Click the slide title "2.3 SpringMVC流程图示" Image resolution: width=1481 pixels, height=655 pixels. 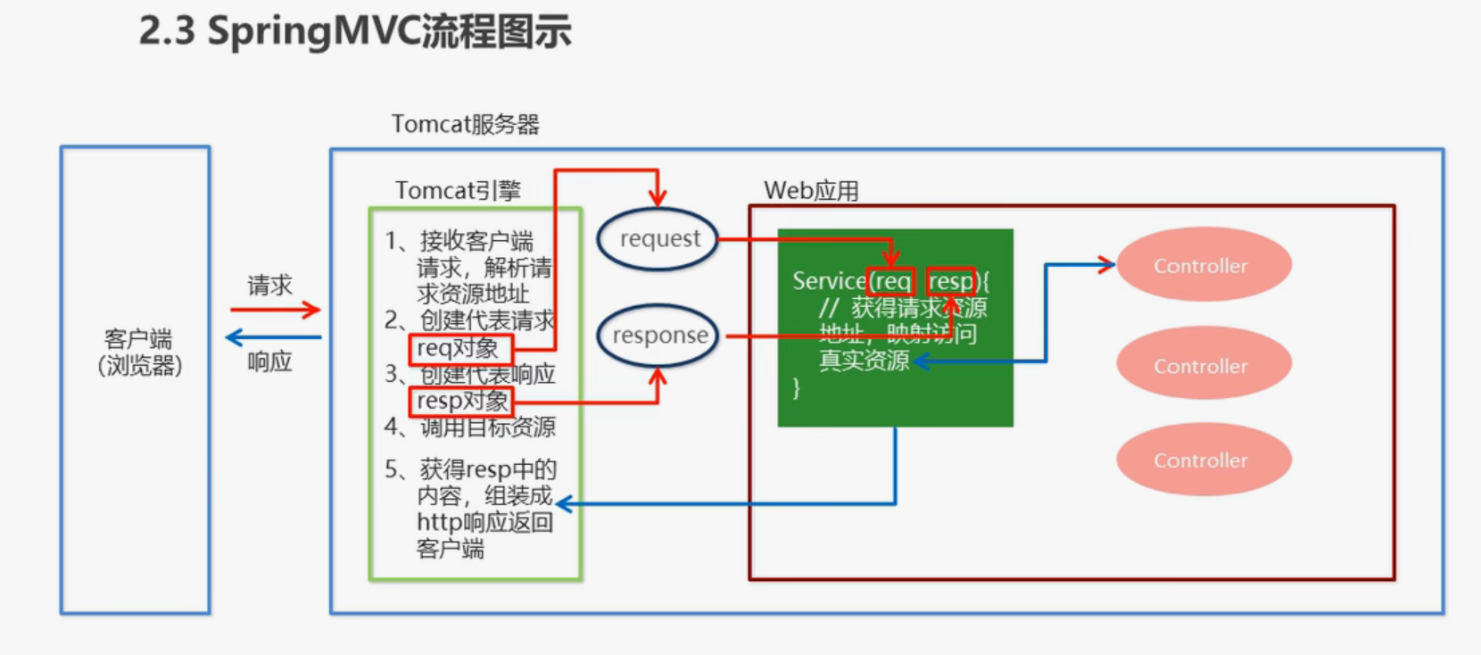(355, 32)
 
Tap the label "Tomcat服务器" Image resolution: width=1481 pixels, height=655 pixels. (465, 124)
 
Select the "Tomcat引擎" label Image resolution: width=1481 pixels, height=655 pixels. (458, 190)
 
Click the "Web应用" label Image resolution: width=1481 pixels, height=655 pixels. (811, 190)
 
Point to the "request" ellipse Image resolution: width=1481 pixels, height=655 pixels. (658, 239)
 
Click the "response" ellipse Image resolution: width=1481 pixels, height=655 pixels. (658, 336)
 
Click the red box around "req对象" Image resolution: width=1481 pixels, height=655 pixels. (460, 349)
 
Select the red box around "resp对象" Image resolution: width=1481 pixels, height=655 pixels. (461, 402)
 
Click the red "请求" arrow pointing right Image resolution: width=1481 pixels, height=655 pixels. (275, 310)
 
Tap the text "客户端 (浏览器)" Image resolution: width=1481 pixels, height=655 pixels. (139, 352)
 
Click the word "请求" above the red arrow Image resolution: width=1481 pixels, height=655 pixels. (269, 286)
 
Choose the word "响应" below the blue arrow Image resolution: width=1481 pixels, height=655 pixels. (269, 361)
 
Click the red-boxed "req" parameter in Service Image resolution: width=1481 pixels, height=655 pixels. (890, 282)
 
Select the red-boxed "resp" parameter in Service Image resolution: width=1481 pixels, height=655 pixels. (950, 282)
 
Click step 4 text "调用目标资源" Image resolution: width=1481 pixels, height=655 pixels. (487, 427)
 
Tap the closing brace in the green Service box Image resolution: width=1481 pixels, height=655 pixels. (796, 388)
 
